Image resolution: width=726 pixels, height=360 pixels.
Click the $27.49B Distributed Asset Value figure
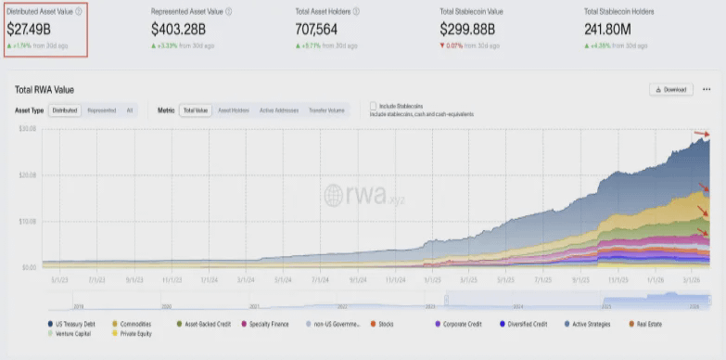point(30,29)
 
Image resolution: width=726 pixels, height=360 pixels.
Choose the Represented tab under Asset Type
point(101,109)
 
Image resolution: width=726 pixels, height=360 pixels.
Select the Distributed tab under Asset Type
point(65,109)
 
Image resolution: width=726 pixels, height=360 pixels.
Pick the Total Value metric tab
point(195,109)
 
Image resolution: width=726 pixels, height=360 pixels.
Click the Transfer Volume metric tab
point(325,109)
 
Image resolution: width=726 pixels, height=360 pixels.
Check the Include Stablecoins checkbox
point(373,106)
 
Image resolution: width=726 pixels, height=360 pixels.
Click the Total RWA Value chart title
point(45,90)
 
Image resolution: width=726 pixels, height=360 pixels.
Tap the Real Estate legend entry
point(647,324)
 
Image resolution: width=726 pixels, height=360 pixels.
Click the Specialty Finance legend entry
point(269,324)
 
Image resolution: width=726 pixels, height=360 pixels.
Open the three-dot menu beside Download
point(707,89)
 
